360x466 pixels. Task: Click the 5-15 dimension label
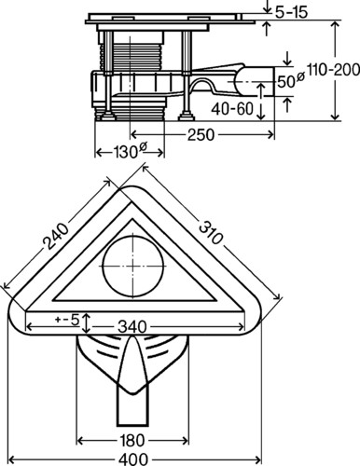pos(291,12)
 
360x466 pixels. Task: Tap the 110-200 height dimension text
pos(333,70)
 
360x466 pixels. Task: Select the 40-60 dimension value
pos(232,109)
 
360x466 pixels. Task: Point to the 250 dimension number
pos(201,135)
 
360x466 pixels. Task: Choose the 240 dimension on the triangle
pos(56,237)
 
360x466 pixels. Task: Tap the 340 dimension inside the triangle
pos(132,327)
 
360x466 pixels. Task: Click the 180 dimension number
pos(132,441)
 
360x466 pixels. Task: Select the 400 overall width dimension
pos(133,459)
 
